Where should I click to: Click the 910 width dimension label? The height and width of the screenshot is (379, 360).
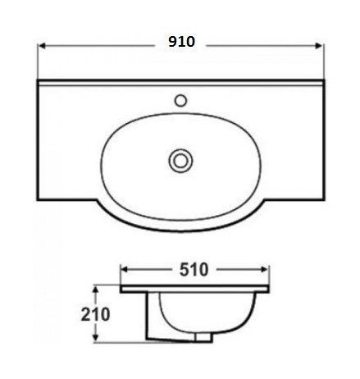click(181, 42)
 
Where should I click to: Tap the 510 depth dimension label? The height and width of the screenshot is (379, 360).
click(194, 270)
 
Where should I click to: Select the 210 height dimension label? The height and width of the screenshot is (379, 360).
click(95, 314)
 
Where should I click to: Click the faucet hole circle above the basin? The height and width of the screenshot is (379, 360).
click(180, 100)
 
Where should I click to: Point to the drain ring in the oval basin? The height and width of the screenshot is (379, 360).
click(180, 161)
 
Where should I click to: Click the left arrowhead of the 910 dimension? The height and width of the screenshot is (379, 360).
click(42, 46)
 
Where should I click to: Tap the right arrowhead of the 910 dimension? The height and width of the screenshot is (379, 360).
click(319, 46)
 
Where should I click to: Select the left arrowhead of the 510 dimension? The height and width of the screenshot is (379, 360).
click(125, 270)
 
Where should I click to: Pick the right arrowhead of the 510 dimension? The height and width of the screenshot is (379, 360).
click(265, 270)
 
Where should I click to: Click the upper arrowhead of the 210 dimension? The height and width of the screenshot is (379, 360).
click(95, 290)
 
